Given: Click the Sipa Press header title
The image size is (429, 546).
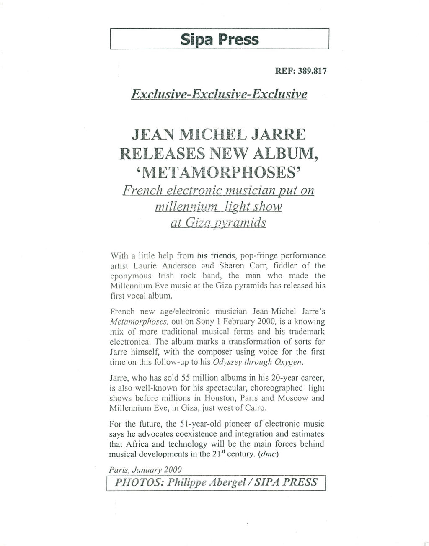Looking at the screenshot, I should (220, 39).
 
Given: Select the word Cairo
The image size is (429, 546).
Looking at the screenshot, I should (255, 408).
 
